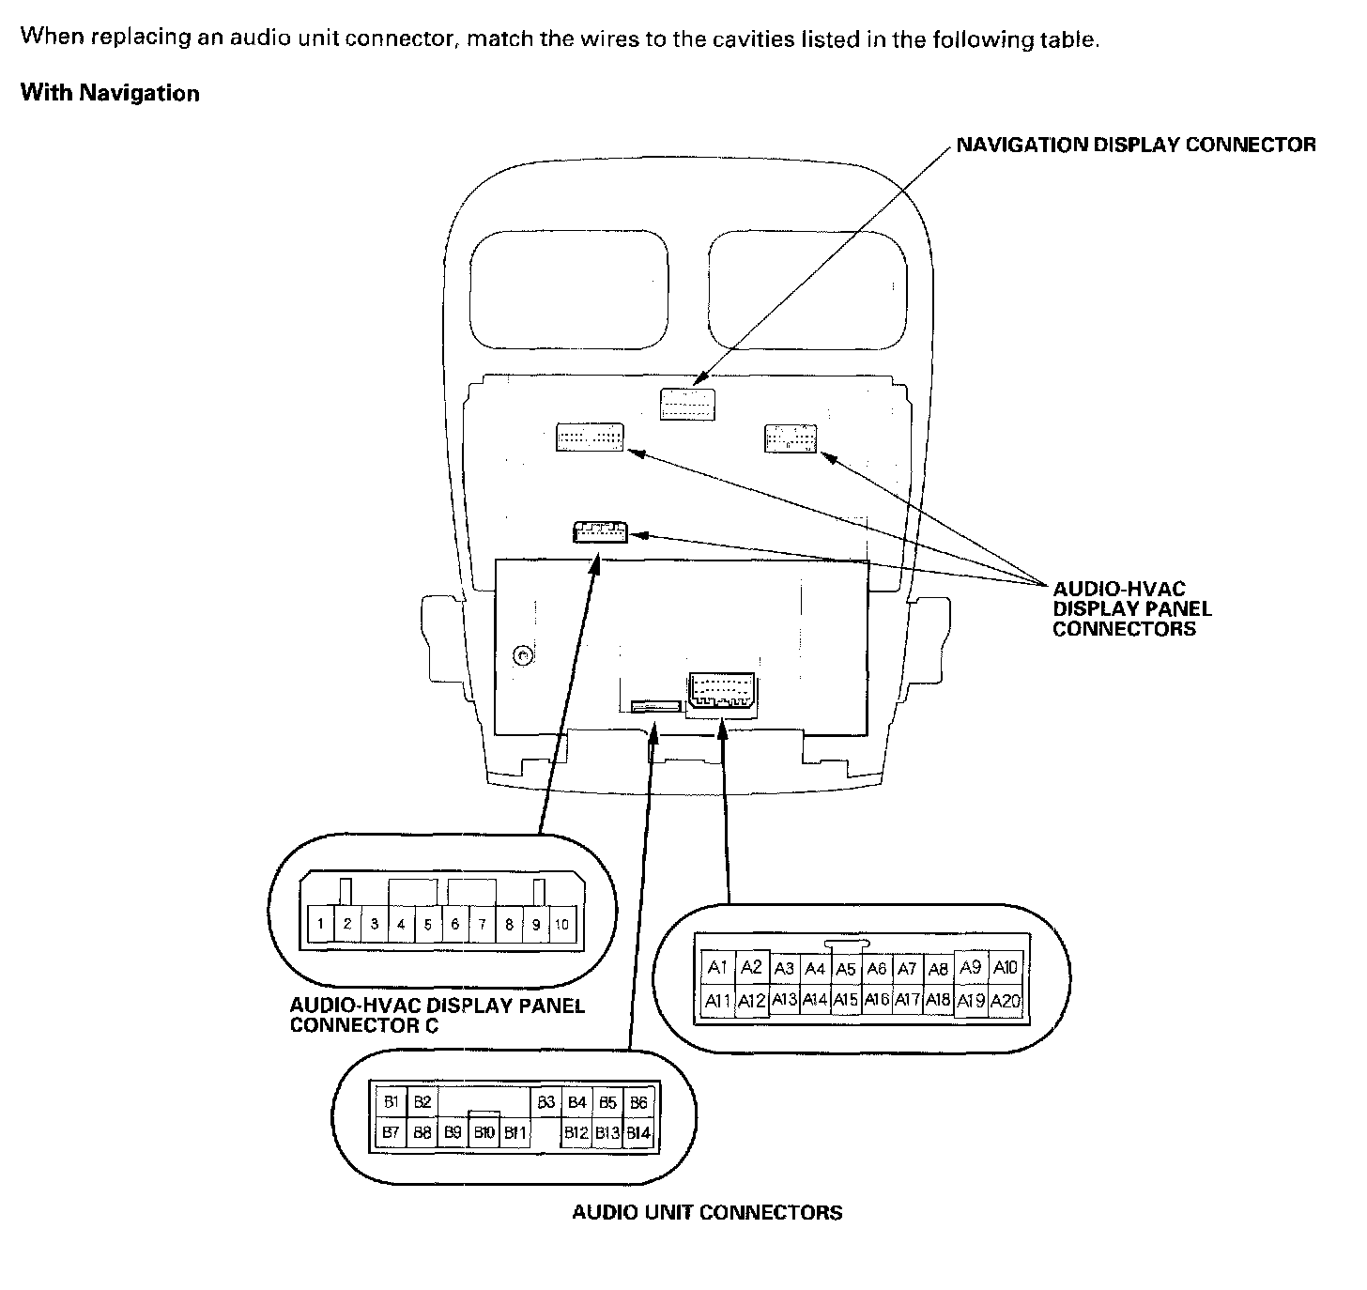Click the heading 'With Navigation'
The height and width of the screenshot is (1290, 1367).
pyautogui.click(x=110, y=93)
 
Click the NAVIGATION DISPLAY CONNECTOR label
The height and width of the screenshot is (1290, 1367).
pyautogui.click(x=1136, y=145)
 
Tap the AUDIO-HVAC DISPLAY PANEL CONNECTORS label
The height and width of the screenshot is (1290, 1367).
pyautogui.click(x=1131, y=609)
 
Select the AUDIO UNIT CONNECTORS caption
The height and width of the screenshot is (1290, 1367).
pyautogui.click(x=707, y=1212)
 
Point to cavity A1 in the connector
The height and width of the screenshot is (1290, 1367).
pyautogui.click(x=718, y=968)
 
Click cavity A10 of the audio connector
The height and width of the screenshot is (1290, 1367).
pyautogui.click(x=1005, y=968)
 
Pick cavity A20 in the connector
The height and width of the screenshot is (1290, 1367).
pyautogui.click(x=1005, y=1001)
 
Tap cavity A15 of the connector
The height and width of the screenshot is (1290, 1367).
pyautogui.click(x=846, y=1001)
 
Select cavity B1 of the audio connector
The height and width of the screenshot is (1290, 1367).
pyautogui.click(x=392, y=1102)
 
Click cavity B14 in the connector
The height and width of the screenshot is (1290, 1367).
pyautogui.click(x=638, y=1133)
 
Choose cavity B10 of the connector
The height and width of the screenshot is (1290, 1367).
pyautogui.click(x=484, y=1133)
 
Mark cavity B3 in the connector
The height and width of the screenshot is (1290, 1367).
pyautogui.click(x=546, y=1102)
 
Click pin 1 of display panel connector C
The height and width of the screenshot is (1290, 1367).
pyautogui.click(x=320, y=924)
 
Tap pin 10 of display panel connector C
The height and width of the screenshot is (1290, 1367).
pyautogui.click(x=561, y=924)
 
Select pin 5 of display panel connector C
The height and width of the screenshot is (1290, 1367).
pyautogui.click(x=427, y=924)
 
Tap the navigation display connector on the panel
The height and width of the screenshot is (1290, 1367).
pyautogui.click(x=686, y=404)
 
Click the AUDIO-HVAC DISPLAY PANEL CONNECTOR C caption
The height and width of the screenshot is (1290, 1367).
pyautogui.click(x=437, y=1015)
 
